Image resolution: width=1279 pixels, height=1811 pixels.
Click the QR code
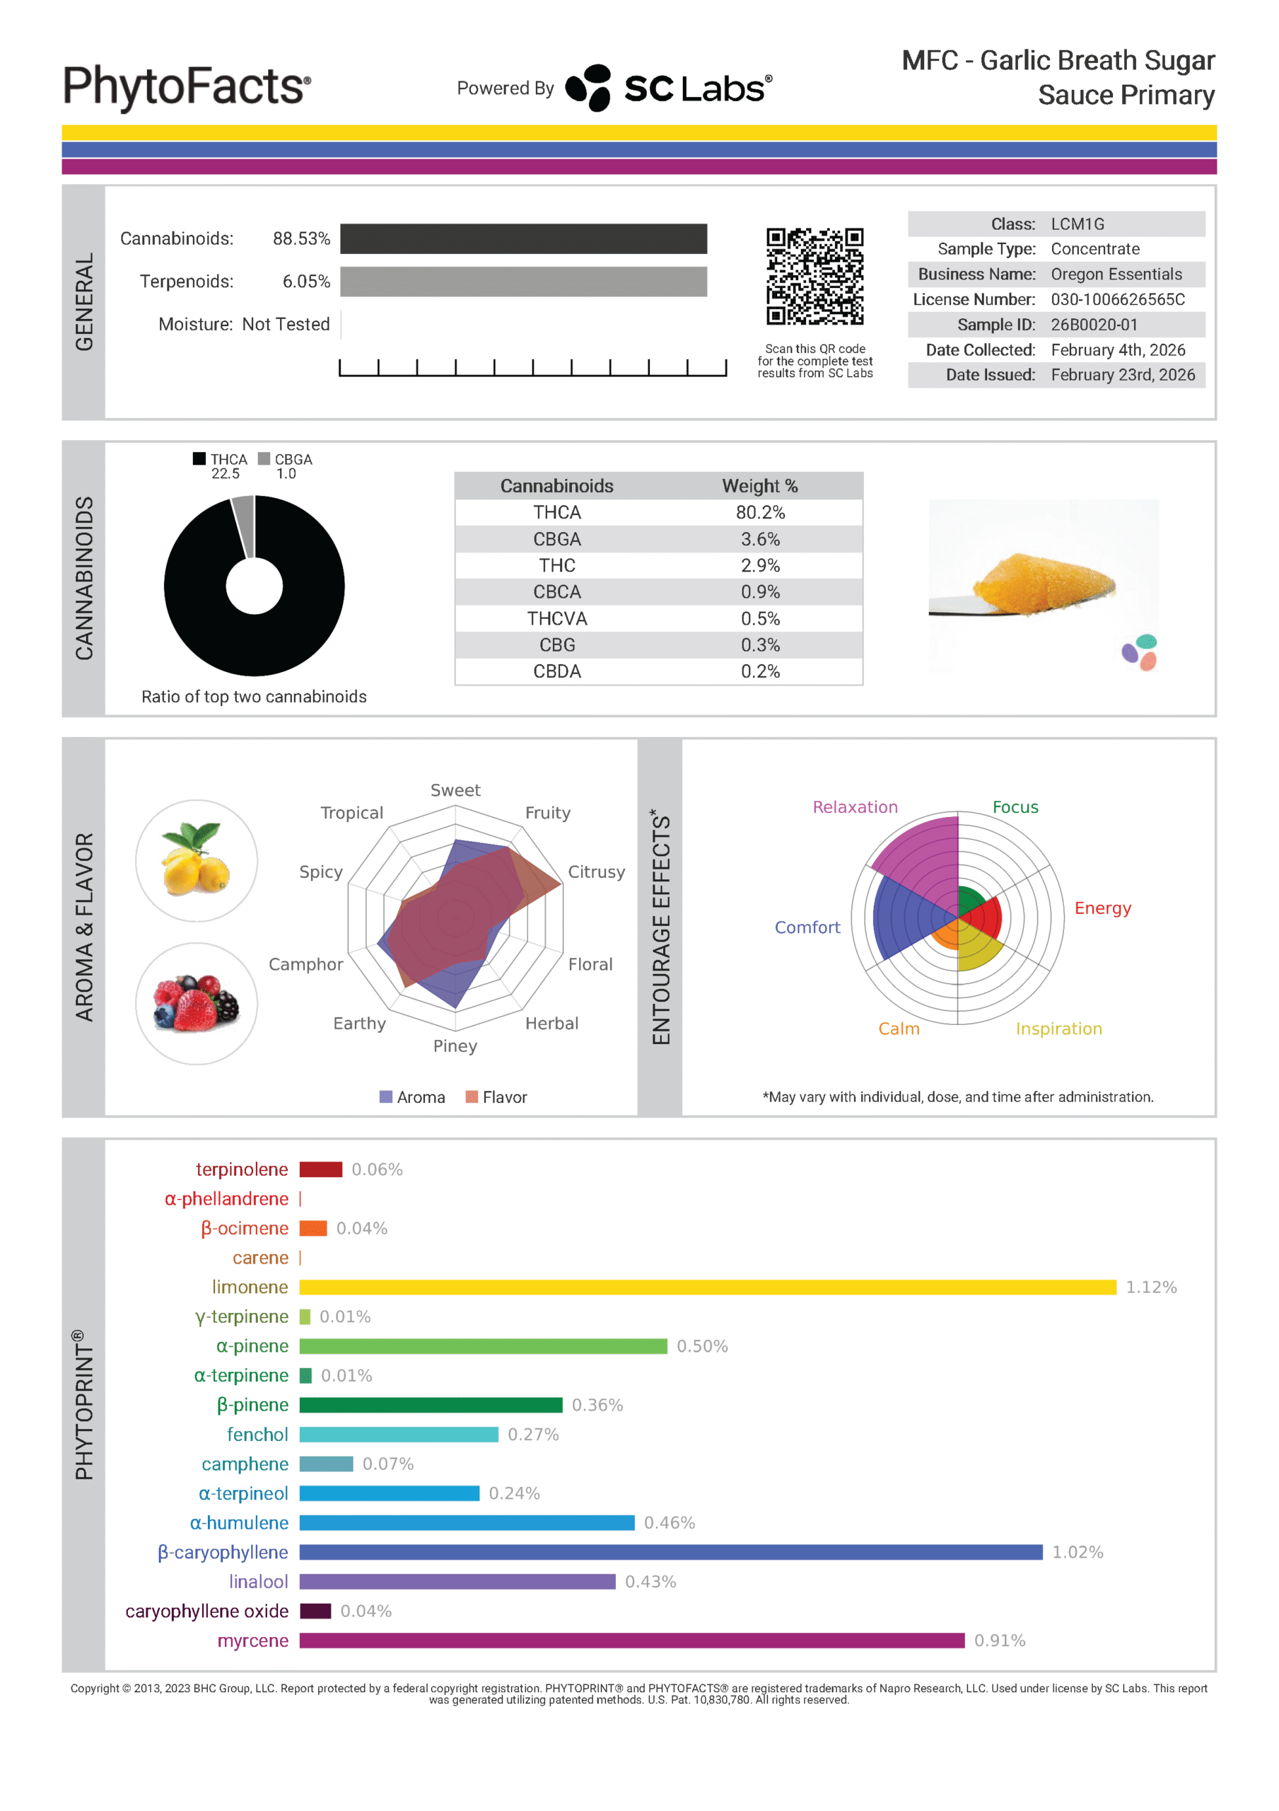[814, 276]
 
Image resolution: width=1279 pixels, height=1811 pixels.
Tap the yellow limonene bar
[707, 1288]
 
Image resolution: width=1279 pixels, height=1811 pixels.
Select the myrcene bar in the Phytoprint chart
[631, 1641]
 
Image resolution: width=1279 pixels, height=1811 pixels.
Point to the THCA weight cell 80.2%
[759, 513]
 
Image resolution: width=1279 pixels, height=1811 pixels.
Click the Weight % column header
[759, 486]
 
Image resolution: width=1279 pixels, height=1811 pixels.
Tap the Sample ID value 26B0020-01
[1094, 325]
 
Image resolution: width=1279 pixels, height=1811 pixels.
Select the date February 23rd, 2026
[1122, 375]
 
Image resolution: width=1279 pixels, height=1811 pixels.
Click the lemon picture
[197, 860]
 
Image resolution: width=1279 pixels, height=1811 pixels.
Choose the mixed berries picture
[197, 1003]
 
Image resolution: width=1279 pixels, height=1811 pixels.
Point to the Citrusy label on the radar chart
[596, 872]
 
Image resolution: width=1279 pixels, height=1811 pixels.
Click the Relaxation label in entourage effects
[855, 807]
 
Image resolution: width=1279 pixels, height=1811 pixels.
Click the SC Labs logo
[669, 88]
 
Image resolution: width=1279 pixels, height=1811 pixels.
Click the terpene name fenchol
[257, 1435]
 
